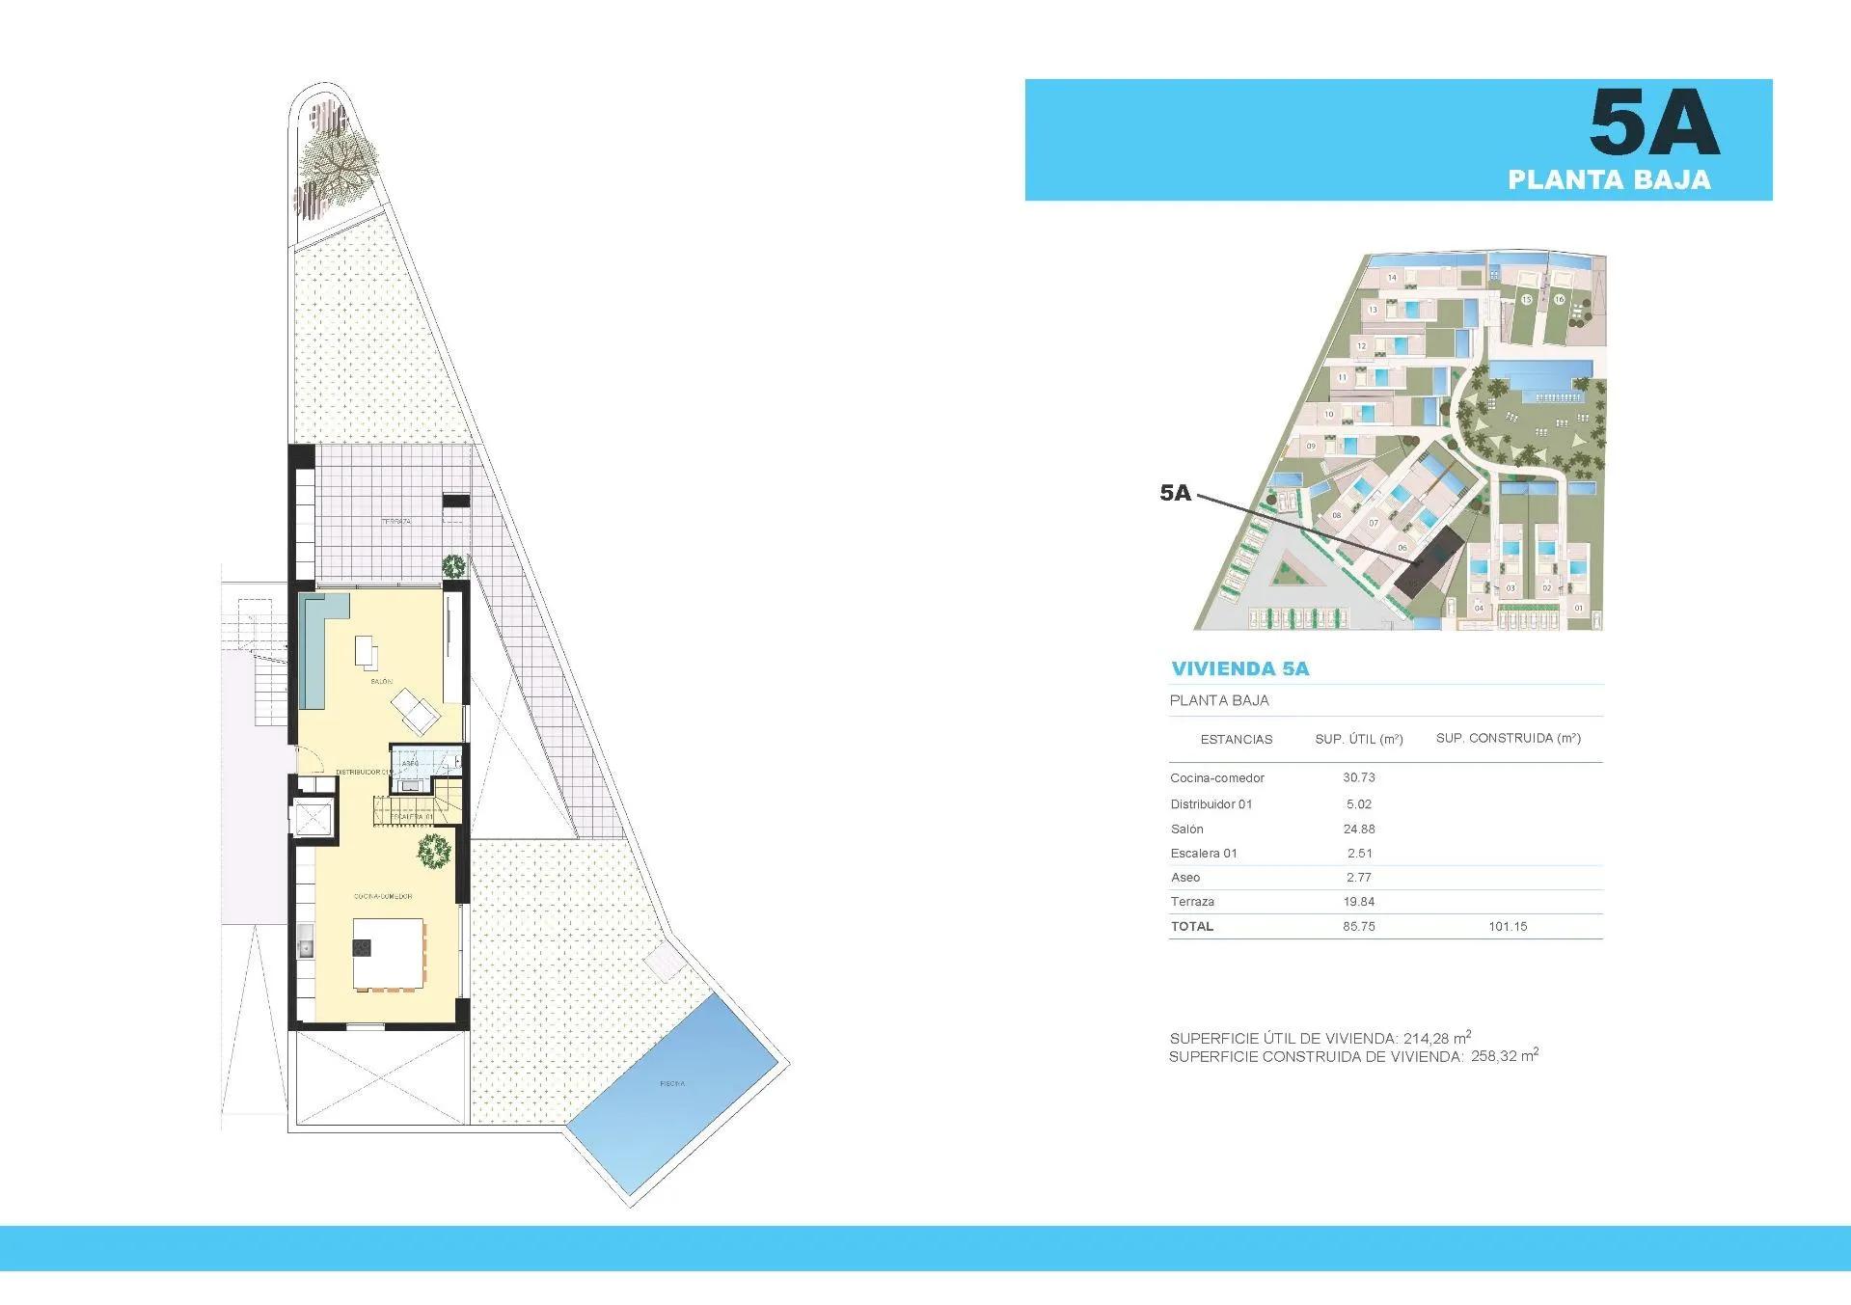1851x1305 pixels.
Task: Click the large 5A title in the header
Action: click(1653, 122)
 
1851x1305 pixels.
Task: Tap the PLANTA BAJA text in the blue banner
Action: click(1608, 179)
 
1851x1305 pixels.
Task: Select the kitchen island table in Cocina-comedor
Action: click(388, 954)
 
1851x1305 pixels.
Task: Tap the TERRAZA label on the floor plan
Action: click(395, 521)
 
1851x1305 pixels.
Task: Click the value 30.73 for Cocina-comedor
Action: click(1358, 777)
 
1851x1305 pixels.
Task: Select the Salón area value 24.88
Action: click(1358, 829)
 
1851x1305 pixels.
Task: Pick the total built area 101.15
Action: click(1507, 926)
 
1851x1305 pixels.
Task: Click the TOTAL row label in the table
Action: click(1191, 926)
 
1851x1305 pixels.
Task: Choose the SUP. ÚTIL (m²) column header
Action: click(1358, 739)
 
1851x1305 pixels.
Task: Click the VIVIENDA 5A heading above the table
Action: click(1239, 668)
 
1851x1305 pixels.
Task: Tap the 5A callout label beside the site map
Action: click(1175, 493)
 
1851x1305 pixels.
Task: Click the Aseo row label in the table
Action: click(1185, 877)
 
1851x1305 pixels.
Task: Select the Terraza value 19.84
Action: click(1358, 901)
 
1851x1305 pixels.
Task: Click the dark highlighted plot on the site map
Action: click(1428, 569)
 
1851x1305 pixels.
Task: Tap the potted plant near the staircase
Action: click(434, 850)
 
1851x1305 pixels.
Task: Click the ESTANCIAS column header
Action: click(1236, 739)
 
